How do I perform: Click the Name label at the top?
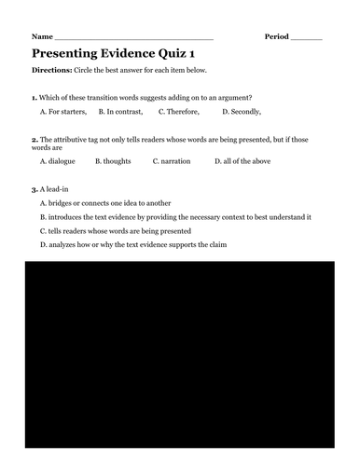click(41, 36)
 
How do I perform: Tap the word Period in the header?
click(277, 36)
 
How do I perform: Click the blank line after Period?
click(308, 38)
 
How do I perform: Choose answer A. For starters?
click(63, 112)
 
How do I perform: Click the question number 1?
click(34, 97)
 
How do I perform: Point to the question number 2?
click(34, 138)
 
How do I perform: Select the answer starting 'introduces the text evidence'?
click(175, 216)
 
